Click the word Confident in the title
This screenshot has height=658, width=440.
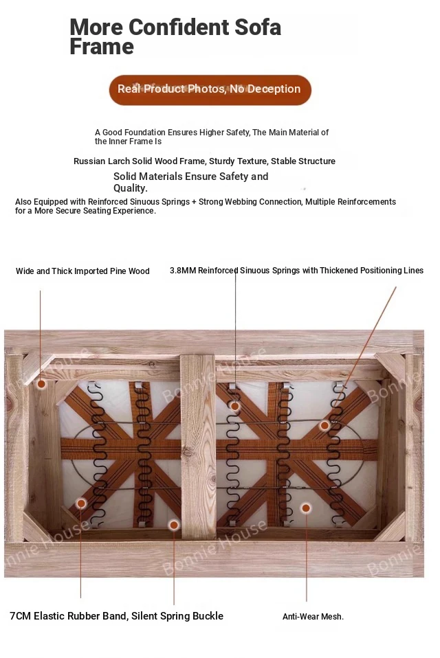pos(179,27)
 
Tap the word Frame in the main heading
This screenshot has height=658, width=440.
pos(102,46)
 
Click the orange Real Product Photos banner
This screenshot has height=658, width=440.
pos(210,90)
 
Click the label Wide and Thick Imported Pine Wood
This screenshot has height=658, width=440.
pos(82,271)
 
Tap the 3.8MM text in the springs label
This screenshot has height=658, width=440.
pos(183,271)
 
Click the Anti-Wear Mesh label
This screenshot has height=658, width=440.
pos(313,617)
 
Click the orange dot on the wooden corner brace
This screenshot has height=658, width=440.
pos(41,383)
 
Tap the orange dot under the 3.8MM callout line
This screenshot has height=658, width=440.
pos(235,406)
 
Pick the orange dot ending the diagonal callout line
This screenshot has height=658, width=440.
pos(324,426)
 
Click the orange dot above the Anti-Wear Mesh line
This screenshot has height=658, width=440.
pos(306,508)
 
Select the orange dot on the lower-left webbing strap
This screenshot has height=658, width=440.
pos(81,503)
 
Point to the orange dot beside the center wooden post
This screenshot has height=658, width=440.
pos(174,525)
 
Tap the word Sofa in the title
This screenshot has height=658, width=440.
pos(258,27)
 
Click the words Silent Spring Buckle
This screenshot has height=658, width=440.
pos(177,616)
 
